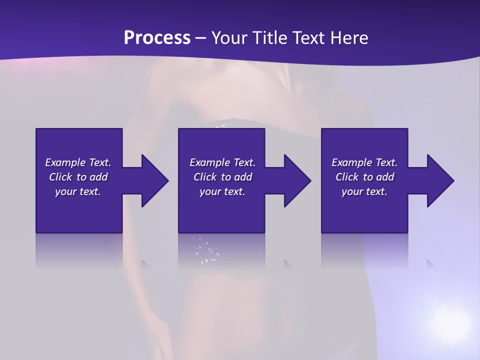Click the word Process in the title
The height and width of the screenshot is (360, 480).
click(157, 38)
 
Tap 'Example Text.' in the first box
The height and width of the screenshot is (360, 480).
click(78, 162)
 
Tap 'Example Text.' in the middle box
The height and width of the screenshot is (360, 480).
click(222, 162)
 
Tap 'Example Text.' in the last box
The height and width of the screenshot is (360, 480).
click(364, 162)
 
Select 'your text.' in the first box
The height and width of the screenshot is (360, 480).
click(78, 191)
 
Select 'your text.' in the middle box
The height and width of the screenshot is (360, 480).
click(222, 191)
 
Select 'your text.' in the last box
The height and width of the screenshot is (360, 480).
click(364, 191)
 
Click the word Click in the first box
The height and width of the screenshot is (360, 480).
click(60, 177)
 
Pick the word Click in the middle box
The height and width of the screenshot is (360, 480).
click(205, 177)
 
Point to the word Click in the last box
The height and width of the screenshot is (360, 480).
click(347, 177)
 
